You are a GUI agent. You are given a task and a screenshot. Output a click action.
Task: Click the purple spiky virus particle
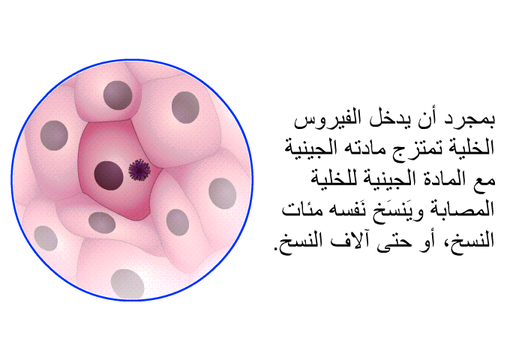pos(139,169)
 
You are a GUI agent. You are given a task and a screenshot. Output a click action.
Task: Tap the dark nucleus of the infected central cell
pos(109,175)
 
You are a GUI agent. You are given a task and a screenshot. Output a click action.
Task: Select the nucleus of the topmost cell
pos(118,95)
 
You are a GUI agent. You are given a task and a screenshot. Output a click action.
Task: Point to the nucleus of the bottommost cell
pos(127,284)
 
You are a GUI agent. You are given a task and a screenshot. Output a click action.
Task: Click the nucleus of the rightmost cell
pos(222,193)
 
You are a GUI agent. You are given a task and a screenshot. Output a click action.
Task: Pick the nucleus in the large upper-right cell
pos(185,108)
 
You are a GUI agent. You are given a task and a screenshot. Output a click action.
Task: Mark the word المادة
pos(442,179)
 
